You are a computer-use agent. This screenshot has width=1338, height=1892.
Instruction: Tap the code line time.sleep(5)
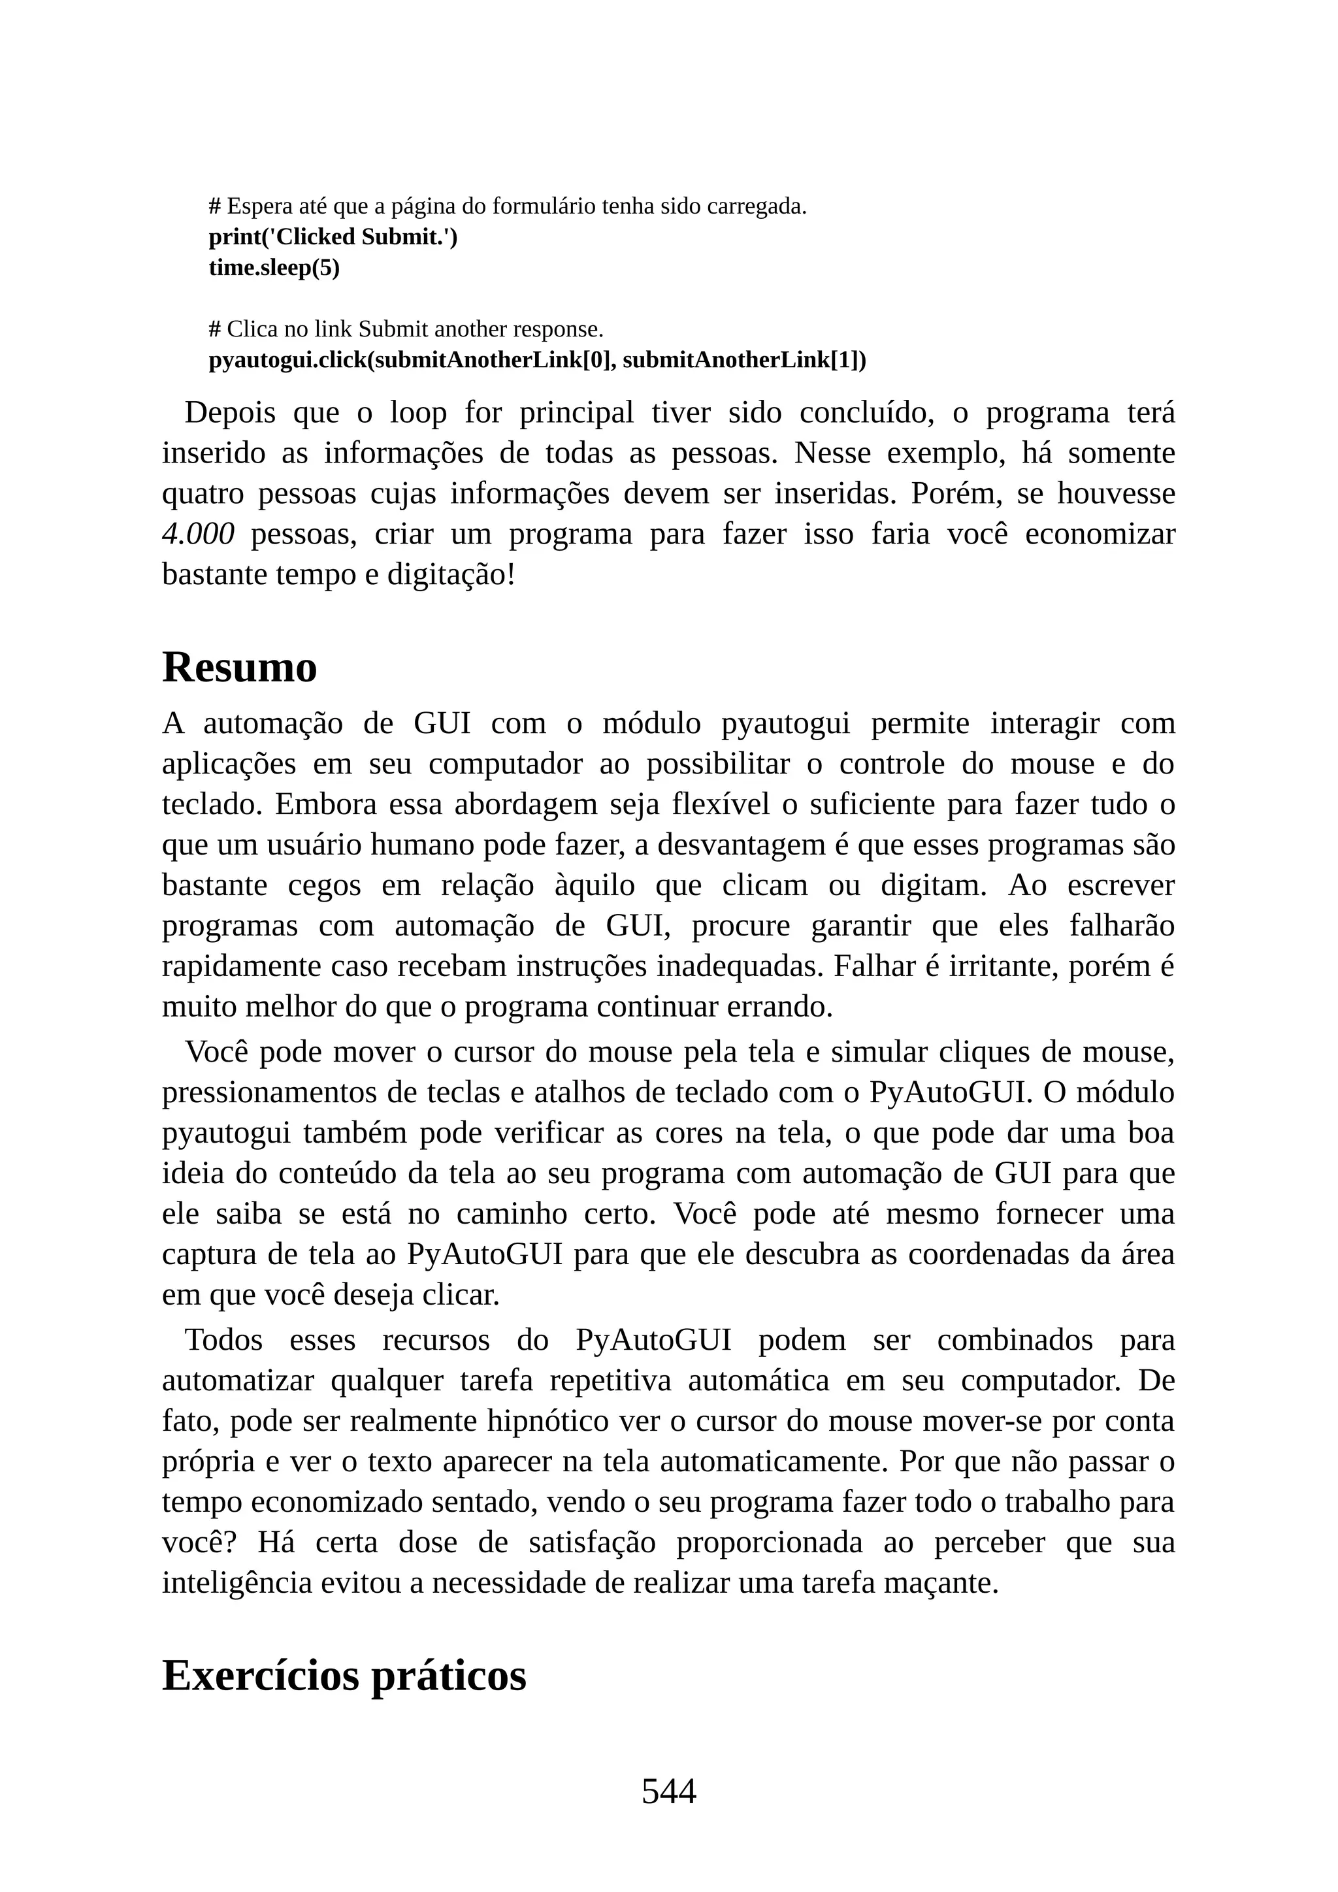click(x=274, y=268)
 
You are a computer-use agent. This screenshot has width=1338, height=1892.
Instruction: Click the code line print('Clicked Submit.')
click(x=333, y=237)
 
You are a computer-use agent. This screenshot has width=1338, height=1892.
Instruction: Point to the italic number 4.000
click(x=198, y=534)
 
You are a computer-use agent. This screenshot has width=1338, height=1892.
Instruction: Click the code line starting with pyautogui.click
click(x=537, y=360)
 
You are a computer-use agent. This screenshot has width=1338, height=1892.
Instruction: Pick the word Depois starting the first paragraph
click(x=230, y=412)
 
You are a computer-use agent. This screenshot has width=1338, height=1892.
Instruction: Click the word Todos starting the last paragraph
click(x=223, y=1340)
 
